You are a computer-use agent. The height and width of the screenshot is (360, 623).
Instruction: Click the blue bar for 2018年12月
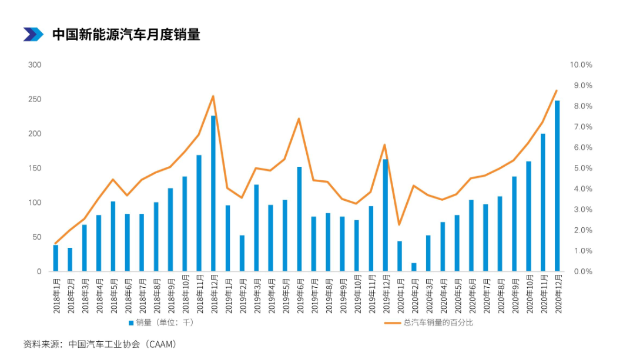tap(213, 194)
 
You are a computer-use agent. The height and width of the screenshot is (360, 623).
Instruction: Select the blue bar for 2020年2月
tap(414, 267)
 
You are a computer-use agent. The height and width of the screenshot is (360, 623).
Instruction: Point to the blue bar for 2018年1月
tap(56, 258)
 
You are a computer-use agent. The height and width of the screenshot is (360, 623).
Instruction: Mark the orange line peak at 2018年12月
tap(213, 96)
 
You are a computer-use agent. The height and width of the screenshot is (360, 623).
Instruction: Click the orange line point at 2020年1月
tap(400, 225)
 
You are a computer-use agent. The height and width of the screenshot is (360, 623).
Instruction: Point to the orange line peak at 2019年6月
tap(299, 119)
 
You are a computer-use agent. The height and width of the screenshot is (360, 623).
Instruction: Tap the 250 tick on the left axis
tap(35, 99)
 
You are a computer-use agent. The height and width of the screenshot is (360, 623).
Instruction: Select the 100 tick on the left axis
tap(35, 203)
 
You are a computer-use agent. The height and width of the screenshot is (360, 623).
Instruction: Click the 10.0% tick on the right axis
tap(581, 65)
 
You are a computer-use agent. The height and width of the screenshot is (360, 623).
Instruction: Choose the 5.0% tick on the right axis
tap(582, 168)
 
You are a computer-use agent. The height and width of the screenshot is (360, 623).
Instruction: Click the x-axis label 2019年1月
tap(228, 294)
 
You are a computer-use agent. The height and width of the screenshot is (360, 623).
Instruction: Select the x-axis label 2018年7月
tap(142, 294)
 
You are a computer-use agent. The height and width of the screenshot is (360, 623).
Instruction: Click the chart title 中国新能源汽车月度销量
tap(126, 35)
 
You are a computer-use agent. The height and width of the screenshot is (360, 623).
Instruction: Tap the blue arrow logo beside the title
tap(33, 35)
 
